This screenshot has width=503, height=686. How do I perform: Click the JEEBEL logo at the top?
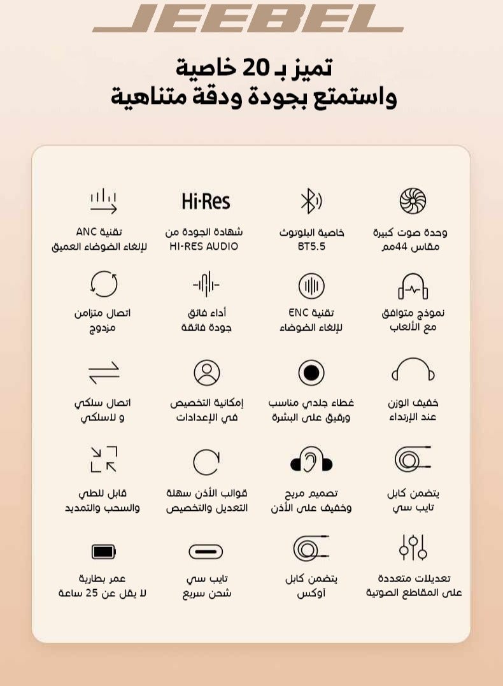tap(248, 18)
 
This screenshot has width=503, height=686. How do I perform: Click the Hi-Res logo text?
tap(206, 202)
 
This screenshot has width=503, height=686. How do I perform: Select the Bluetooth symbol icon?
tap(310, 201)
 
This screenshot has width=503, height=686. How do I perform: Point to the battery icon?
tap(103, 552)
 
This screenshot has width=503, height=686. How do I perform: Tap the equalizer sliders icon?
tap(413, 548)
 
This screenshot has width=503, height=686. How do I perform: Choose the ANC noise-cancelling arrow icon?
tap(103, 201)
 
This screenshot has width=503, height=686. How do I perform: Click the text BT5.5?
tap(311, 247)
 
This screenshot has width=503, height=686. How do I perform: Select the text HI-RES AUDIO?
tap(204, 247)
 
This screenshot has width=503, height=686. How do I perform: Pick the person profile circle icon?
tap(206, 373)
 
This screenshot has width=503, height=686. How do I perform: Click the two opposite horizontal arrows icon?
tap(103, 373)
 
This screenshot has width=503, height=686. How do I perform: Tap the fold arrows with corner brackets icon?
tap(103, 459)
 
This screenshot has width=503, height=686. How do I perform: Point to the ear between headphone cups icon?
tap(311, 459)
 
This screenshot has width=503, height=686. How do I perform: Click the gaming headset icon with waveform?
tap(413, 286)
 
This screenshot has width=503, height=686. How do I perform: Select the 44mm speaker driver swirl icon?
tap(413, 201)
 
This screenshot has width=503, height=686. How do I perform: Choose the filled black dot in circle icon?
tap(311, 373)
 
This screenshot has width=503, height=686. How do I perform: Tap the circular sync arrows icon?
tap(103, 285)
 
